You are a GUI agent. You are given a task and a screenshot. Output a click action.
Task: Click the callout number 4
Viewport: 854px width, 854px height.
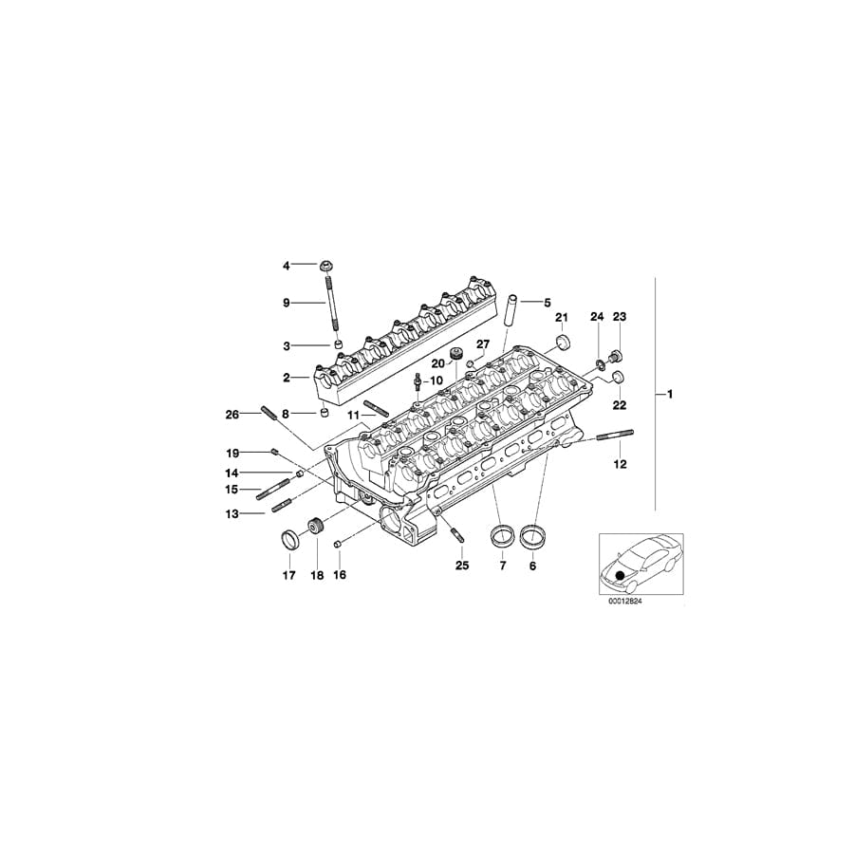286,266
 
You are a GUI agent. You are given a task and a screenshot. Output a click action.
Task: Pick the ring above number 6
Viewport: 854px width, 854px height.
534,537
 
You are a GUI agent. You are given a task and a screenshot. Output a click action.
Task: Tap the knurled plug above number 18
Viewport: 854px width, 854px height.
316,528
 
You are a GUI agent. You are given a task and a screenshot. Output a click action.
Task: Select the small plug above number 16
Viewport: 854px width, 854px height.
337,544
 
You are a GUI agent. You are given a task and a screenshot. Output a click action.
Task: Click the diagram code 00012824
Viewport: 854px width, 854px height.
632,601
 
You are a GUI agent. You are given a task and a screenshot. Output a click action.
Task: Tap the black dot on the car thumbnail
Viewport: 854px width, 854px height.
622,574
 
